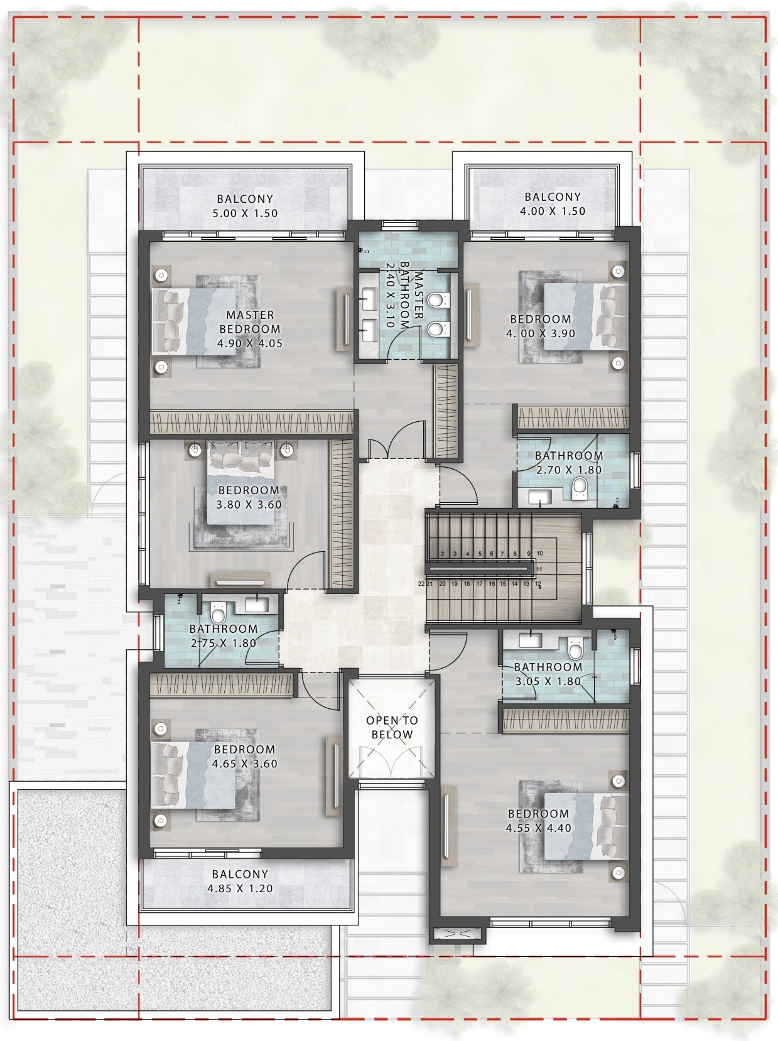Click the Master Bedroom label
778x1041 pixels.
(250, 322)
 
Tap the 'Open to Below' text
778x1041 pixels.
(392, 728)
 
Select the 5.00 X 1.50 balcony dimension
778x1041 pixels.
(245, 213)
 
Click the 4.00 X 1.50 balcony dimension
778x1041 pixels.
(553, 211)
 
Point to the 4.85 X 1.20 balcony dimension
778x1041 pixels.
(240, 888)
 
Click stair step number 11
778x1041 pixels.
(539, 569)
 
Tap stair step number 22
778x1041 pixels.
(421, 584)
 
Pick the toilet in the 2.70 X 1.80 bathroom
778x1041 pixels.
(580, 488)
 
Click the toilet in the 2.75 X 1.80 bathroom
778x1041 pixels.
(218, 613)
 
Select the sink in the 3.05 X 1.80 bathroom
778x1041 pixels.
(530, 640)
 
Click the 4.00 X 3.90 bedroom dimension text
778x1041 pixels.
(541, 333)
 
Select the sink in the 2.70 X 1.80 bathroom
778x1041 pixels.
(540, 497)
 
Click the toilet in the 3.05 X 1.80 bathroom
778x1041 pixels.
(575, 649)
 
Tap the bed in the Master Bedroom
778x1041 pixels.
(194, 321)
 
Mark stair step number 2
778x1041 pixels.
(442, 553)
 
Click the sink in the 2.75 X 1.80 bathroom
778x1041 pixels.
(257, 605)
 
